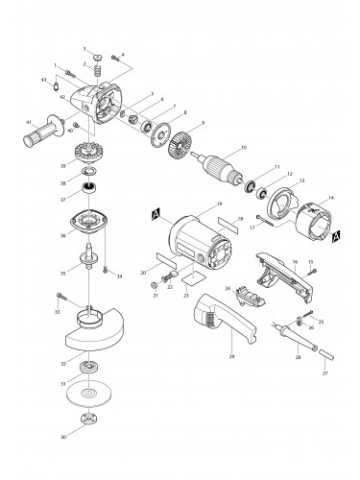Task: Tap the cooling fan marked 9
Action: click(x=180, y=147)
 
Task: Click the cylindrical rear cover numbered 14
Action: click(x=305, y=227)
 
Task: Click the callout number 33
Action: click(x=58, y=312)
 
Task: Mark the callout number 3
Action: click(x=84, y=48)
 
